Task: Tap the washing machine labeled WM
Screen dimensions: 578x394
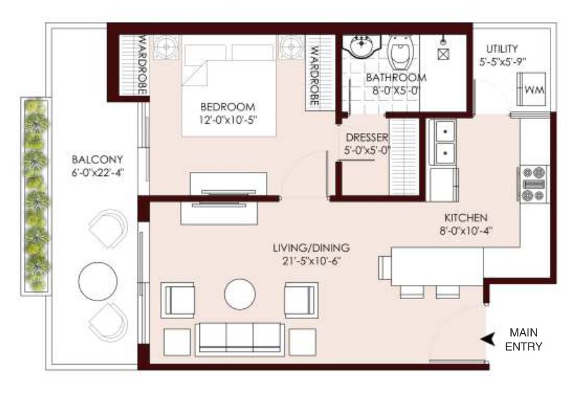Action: coord(531,89)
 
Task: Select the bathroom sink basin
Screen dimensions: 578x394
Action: coord(361,46)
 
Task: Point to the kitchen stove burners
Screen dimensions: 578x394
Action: coord(534,184)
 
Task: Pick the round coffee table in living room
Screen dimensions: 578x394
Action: coord(240,294)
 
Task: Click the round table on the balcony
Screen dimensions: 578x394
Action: coord(98,281)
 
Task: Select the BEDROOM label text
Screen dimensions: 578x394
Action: coord(228,107)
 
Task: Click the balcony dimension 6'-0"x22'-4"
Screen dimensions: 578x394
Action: coord(98,172)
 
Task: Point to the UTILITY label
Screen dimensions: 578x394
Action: coord(502,49)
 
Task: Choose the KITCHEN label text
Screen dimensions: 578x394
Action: coord(465,217)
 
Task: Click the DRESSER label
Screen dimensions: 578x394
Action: coord(367,138)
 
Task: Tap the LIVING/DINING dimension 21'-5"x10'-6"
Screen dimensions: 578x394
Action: coord(311,261)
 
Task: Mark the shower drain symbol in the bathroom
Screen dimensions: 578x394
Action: coord(443,54)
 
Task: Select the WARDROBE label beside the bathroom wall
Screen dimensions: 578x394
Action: coord(314,76)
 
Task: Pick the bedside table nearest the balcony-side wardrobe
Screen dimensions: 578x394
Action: coord(166,47)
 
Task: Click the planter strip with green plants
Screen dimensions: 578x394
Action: coord(36,196)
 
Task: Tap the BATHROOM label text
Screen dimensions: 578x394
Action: coord(396,78)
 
